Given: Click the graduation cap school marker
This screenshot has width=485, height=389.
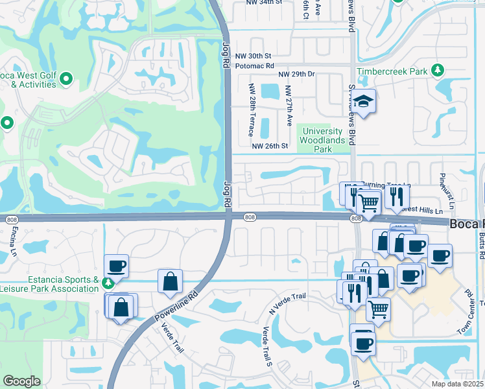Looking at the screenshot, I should click(x=364, y=102).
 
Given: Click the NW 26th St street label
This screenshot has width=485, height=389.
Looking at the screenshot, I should click(x=270, y=146).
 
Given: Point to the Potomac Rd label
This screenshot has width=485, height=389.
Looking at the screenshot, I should click(x=255, y=66).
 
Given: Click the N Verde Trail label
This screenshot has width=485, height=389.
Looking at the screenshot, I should click(x=287, y=304).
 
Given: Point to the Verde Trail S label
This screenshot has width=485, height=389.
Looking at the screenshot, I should click(x=265, y=345).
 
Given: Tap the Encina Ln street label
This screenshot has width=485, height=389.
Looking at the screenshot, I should click(x=12, y=241).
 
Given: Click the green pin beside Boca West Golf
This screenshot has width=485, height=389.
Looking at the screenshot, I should click(x=65, y=79).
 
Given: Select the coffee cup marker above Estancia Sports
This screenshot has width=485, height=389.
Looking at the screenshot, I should click(x=116, y=266).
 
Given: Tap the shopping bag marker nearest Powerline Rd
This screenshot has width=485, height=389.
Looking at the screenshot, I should click(x=171, y=281).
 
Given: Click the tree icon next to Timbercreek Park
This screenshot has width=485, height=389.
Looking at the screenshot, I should click(x=438, y=70).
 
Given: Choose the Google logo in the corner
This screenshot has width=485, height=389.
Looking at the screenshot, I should click(x=21, y=381).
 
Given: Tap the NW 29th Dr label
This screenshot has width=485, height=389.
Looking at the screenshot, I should click(x=296, y=75).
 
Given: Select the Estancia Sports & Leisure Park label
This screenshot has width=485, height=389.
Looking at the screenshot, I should click(x=51, y=286).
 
